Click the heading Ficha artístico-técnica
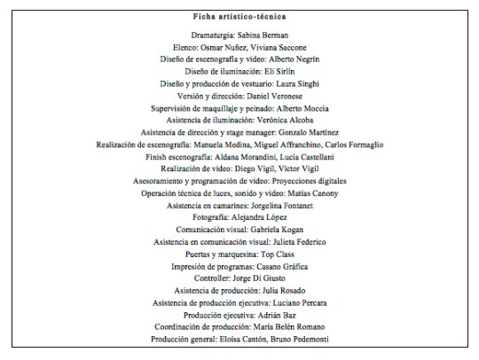[239, 17]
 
